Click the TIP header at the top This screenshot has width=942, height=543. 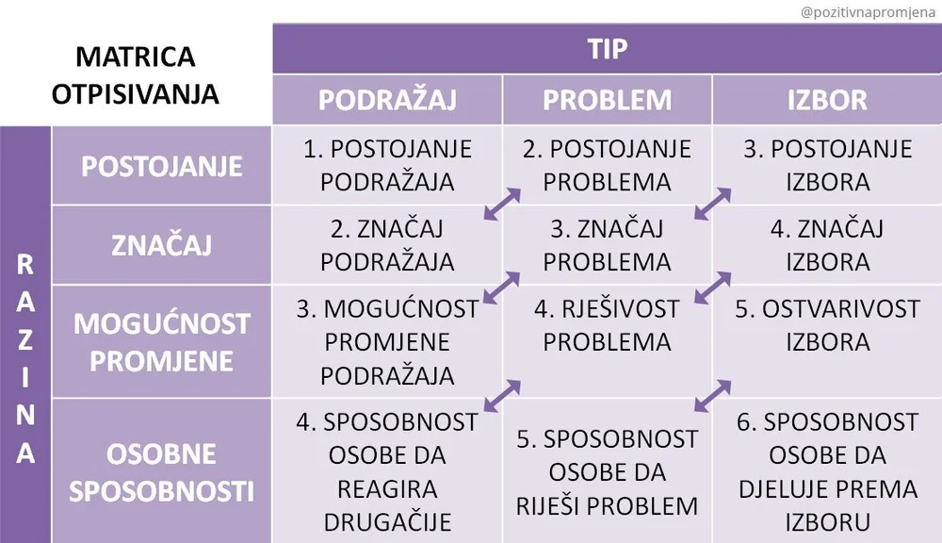(x=607, y=49)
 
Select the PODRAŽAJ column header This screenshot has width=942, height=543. (x=386, y=100)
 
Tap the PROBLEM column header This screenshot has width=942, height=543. (x=607, y=100)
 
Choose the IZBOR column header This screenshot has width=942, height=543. (x=827, y=100)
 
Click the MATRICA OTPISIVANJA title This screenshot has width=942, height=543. (x=136, y=75)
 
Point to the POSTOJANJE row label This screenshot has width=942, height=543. (x=162, y=166)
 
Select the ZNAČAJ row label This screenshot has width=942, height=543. (x=162, y=245)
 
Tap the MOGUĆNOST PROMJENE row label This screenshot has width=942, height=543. (x=162, y=341)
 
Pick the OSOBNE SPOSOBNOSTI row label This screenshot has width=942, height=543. (x=162, y=471)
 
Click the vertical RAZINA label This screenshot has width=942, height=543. (x=25, y=358)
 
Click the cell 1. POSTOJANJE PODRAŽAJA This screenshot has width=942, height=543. (x=387, y=165)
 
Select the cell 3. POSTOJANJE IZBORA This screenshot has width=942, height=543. (x=827, y=165)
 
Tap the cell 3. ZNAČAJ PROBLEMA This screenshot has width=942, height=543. (x=607, y=245)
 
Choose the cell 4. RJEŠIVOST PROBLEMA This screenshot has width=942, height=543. (x=607, y=324)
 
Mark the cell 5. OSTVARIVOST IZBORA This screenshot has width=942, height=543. (x=827, y=324)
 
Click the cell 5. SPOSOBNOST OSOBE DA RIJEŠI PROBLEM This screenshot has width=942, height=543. (x=607, y=471)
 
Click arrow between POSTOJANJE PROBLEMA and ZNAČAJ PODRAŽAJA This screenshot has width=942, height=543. (x=501, y=203)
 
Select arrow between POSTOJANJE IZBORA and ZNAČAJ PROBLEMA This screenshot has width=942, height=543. (x=712, y=203)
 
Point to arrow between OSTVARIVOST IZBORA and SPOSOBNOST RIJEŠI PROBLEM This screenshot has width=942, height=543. (x=712, y=396)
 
